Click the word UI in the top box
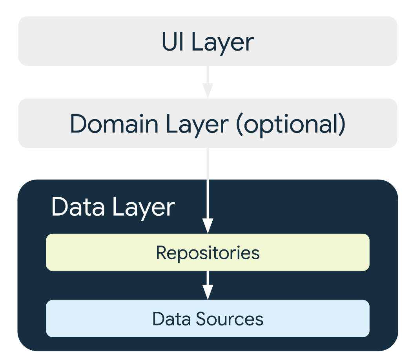click(172, 42)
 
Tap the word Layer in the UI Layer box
click(222, 43)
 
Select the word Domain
click(114, 124)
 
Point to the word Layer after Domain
click(197, 125)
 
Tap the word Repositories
click(208, 253)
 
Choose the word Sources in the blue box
click(230, 319)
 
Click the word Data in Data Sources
click(171, 319)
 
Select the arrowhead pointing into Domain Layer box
click(208, 91)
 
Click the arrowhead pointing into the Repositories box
click(208, 226)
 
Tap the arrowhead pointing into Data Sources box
click(208, 292)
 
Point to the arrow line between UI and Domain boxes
click(208, 82)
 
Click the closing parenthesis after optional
click(342, 125)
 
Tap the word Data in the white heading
click(78, 207)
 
